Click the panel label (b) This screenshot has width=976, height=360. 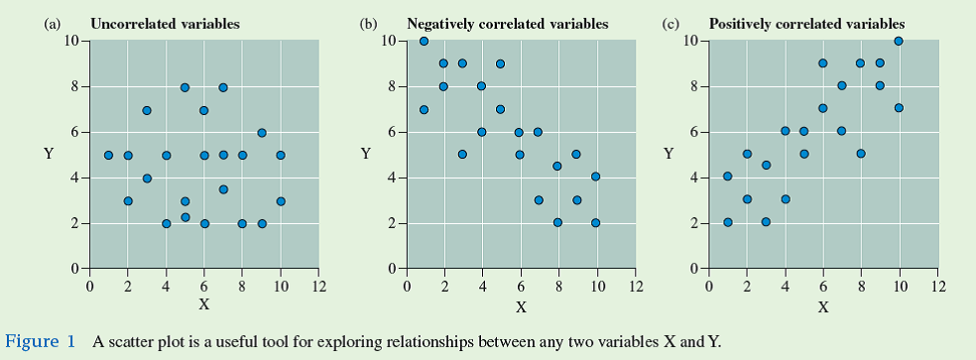[x=368, y=23]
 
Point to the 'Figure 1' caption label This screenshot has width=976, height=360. [x=41, y=342]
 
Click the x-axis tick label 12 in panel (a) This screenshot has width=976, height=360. [x=318, y=287]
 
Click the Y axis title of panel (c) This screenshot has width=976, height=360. [x=669, y=154]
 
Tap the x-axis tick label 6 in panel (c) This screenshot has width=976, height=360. [x=822, y=287]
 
